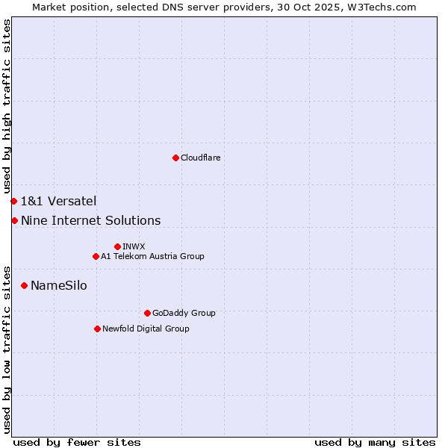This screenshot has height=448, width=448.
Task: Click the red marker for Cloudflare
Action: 175,158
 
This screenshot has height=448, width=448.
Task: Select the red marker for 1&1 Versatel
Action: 13,201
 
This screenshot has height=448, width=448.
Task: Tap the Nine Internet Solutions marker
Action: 14,220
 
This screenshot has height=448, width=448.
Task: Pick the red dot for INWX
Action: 117,246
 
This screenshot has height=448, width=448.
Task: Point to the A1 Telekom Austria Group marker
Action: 96,256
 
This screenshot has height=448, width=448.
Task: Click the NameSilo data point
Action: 24,285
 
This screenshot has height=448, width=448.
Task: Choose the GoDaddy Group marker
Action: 147,313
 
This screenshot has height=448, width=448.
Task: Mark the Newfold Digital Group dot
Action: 97,329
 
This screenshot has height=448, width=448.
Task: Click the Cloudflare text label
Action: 200,158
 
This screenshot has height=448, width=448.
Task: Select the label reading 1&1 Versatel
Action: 58,201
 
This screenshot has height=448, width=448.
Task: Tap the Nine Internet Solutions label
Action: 90,220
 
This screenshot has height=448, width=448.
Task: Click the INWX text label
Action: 134,246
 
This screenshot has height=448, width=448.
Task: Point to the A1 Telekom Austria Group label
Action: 152,256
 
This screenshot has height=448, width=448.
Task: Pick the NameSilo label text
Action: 58,285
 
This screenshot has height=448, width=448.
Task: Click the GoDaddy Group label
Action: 184,313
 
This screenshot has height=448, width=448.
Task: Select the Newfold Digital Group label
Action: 146,329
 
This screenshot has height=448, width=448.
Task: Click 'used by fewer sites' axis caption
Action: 77,442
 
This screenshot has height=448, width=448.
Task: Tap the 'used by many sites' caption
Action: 375,442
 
